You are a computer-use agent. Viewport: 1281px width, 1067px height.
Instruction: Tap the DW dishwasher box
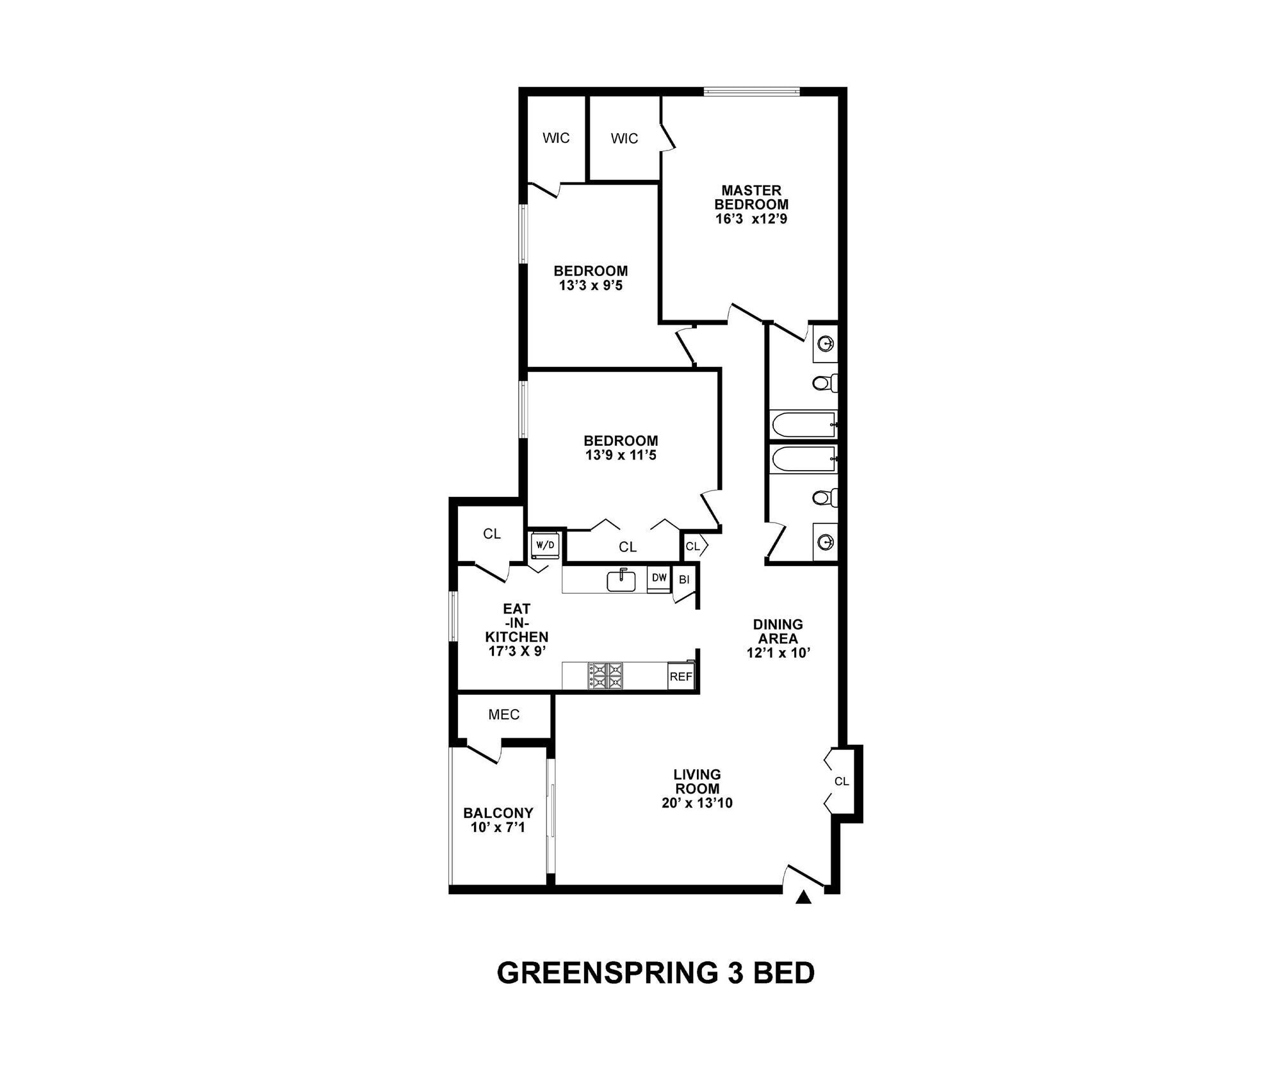coord(659,578)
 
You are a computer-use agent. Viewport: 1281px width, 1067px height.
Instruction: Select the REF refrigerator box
coord(680,677)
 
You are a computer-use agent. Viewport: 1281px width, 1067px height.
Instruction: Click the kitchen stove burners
coord(605,676)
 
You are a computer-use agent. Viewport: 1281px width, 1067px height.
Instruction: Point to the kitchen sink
coord(621,580)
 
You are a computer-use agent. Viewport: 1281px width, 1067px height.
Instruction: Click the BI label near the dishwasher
coord(683,580)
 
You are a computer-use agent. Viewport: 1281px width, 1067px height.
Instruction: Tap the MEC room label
coord(504,715)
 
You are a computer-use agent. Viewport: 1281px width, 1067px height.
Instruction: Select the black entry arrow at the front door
coord(803,899)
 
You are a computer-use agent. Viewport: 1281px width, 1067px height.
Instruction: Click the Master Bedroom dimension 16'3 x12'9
coord(751,219)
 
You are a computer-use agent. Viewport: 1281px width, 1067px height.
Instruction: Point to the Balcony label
coord(498,813)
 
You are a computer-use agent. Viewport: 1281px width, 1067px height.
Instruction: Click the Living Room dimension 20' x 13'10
coord(697,803)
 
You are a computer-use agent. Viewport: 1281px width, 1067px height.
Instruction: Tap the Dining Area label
coord(778,631)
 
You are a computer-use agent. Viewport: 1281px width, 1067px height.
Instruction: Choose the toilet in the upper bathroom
coord(823,383)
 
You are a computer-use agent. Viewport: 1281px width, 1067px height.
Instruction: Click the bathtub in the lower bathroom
coord(804,460)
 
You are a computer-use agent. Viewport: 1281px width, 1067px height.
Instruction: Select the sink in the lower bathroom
coord(825,542)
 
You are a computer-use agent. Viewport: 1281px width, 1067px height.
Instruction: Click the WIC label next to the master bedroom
coord(624,139)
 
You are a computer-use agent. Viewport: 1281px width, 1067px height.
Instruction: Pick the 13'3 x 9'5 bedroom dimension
coord(591,286)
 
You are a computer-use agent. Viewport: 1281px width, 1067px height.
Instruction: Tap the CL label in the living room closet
coord(841,781)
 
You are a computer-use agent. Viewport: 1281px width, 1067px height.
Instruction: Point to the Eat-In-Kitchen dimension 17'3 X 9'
coord(516,651)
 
